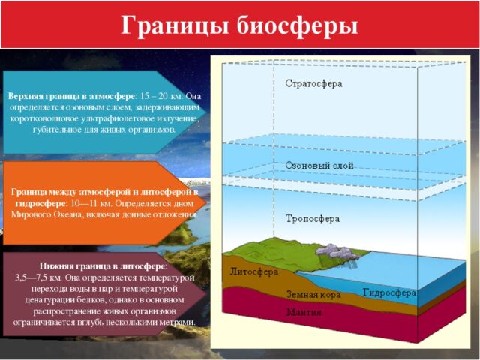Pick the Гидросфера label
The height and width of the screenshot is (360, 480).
tap(389, 292)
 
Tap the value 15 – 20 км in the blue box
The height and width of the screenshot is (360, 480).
tap(161, 97)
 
